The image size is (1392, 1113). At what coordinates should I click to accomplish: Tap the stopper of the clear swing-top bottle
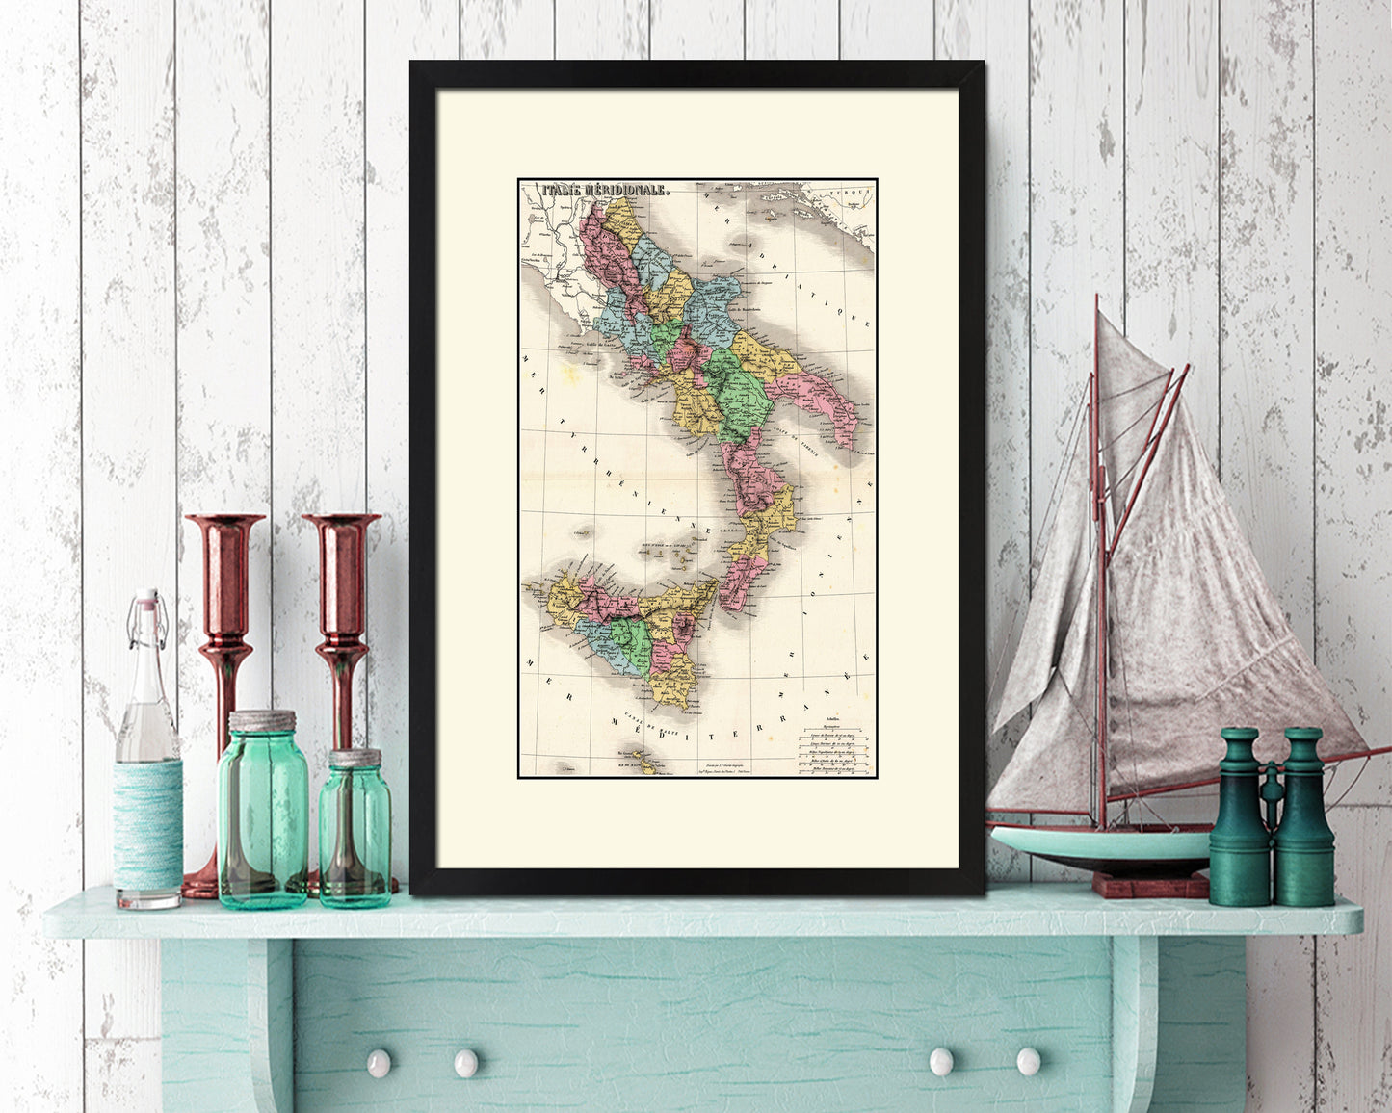coord(146,604)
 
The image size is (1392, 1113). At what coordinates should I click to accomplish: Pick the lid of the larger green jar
coord(262,721)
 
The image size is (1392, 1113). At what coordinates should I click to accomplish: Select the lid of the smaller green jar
coord(355,758)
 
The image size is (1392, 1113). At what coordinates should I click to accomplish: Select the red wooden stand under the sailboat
coord(1150,883)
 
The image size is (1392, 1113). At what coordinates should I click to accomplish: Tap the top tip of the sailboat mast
coord(1096,299)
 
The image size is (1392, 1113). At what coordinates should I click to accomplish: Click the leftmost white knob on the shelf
coord(379,1062)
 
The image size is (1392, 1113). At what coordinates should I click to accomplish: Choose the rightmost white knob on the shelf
coord(1028,1061)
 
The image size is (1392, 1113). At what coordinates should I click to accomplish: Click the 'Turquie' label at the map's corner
coord(852,192)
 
